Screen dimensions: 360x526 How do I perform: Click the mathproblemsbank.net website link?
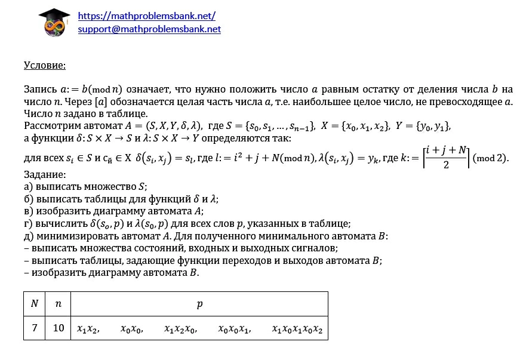146,16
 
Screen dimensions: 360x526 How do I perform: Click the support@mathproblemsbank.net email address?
149,28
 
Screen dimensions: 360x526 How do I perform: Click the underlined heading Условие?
44,65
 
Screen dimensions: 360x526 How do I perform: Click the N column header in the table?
35,304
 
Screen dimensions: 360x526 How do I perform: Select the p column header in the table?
199,304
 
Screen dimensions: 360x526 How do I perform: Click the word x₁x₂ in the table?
88,328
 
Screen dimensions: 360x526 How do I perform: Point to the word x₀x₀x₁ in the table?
234,328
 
